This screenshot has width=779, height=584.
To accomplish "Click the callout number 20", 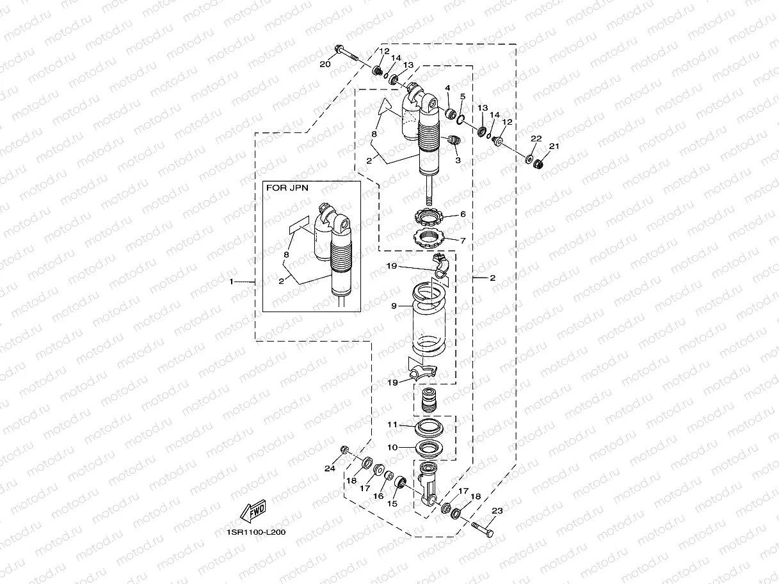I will click(x=325, y=64).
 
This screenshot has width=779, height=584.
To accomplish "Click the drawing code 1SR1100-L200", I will click(x=256, y=532).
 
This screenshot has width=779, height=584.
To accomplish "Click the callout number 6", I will click(x=462, y=214).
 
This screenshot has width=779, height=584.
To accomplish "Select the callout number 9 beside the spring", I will click(x=394, y=306).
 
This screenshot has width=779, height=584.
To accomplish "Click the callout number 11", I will click(x=392, y=424).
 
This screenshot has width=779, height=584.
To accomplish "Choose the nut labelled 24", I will click(x=345, y=450).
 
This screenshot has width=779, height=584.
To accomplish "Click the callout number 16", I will click(x=378, y=496).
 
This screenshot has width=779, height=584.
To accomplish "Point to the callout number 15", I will click(x=392, y=503).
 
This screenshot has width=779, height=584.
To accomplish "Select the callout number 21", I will click(x=554, y=146).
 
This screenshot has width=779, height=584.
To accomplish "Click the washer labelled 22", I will click(x=531, y=158).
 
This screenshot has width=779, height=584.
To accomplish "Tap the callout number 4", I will click(x=448, y=88).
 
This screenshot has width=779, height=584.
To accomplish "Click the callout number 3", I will click(x=458, y=160).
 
